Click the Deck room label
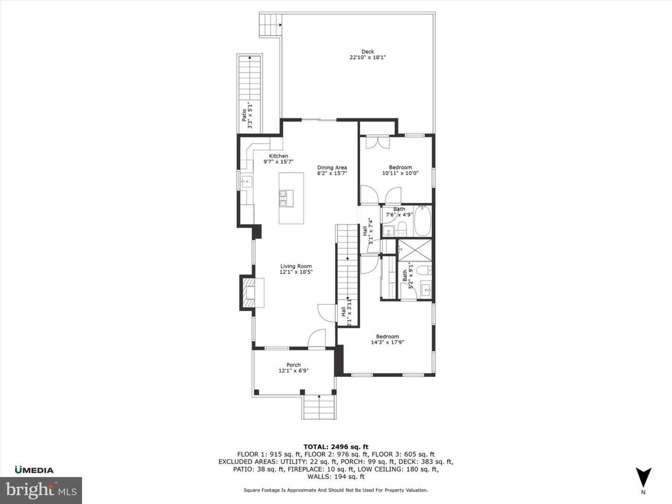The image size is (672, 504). coord(368,52)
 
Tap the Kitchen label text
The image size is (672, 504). coord(279,156)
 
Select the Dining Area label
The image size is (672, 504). coord(332,168)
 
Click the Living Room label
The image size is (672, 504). coord(296,266)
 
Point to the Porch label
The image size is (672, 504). coord(294,365)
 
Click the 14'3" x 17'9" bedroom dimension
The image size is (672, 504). coord(387,342)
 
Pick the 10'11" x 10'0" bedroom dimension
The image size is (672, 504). coord(400,173)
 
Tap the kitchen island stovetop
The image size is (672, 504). coord(286,198)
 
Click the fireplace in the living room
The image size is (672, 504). coord(251,293)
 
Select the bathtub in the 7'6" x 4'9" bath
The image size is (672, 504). coord(423,222)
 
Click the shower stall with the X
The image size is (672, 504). coord(414,250)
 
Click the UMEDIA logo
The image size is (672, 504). coord(34,470)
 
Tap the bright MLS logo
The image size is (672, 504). coord(41,490)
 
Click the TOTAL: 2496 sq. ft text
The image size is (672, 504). coord(336,447)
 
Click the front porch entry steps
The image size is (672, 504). coord(319,407)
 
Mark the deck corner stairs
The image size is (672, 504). coord(271,24)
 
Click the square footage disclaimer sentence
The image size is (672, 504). coord(336,490)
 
